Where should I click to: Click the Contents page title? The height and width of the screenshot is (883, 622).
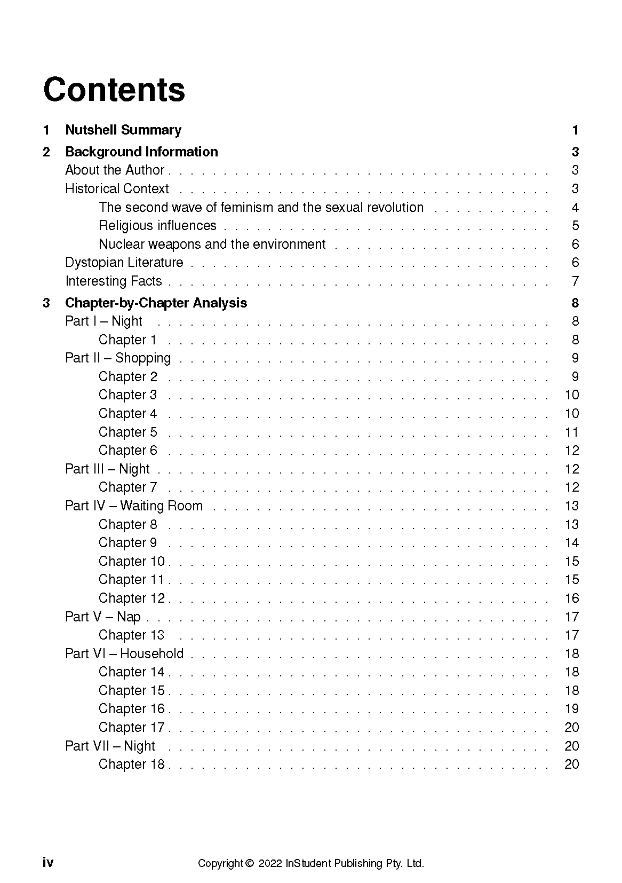[x=114, y=90]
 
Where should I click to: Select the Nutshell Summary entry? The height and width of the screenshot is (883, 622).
[x=123, y=130]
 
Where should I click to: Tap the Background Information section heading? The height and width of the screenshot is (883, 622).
[x=141, y=152]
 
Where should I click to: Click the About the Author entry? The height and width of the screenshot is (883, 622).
[x=115, y=170]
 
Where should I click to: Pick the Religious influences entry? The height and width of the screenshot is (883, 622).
[x=157, y=225]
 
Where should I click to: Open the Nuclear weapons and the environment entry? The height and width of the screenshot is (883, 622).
[x=212, y=244]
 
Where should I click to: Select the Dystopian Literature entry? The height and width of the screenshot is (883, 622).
[x=124, y=262]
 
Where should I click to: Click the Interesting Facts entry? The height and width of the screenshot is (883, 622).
[x=113, y=281]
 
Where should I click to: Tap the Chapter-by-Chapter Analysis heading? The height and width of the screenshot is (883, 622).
[x=156, y=303]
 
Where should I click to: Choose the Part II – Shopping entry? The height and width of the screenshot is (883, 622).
[x=118, y=358]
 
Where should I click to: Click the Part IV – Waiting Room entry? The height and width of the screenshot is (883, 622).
[x=134, y=506]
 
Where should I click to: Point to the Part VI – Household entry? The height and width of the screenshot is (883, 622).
[x=124, y=653]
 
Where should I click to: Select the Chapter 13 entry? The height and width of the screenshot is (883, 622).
[x=131, y=635]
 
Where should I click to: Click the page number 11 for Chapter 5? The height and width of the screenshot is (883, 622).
[x=572, y=432]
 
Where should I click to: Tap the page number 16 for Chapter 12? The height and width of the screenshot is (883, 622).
[x=572, y=598]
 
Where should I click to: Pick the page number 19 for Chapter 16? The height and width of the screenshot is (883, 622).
[x=572, y=708]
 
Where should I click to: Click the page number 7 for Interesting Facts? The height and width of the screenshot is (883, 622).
[x=575, y=281]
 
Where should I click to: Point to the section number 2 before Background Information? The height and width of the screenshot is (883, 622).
[x=46, y=152]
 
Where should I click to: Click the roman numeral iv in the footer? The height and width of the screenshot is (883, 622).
[x=48, y=863]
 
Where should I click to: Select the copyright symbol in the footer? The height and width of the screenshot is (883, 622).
[x=249, y=863]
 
